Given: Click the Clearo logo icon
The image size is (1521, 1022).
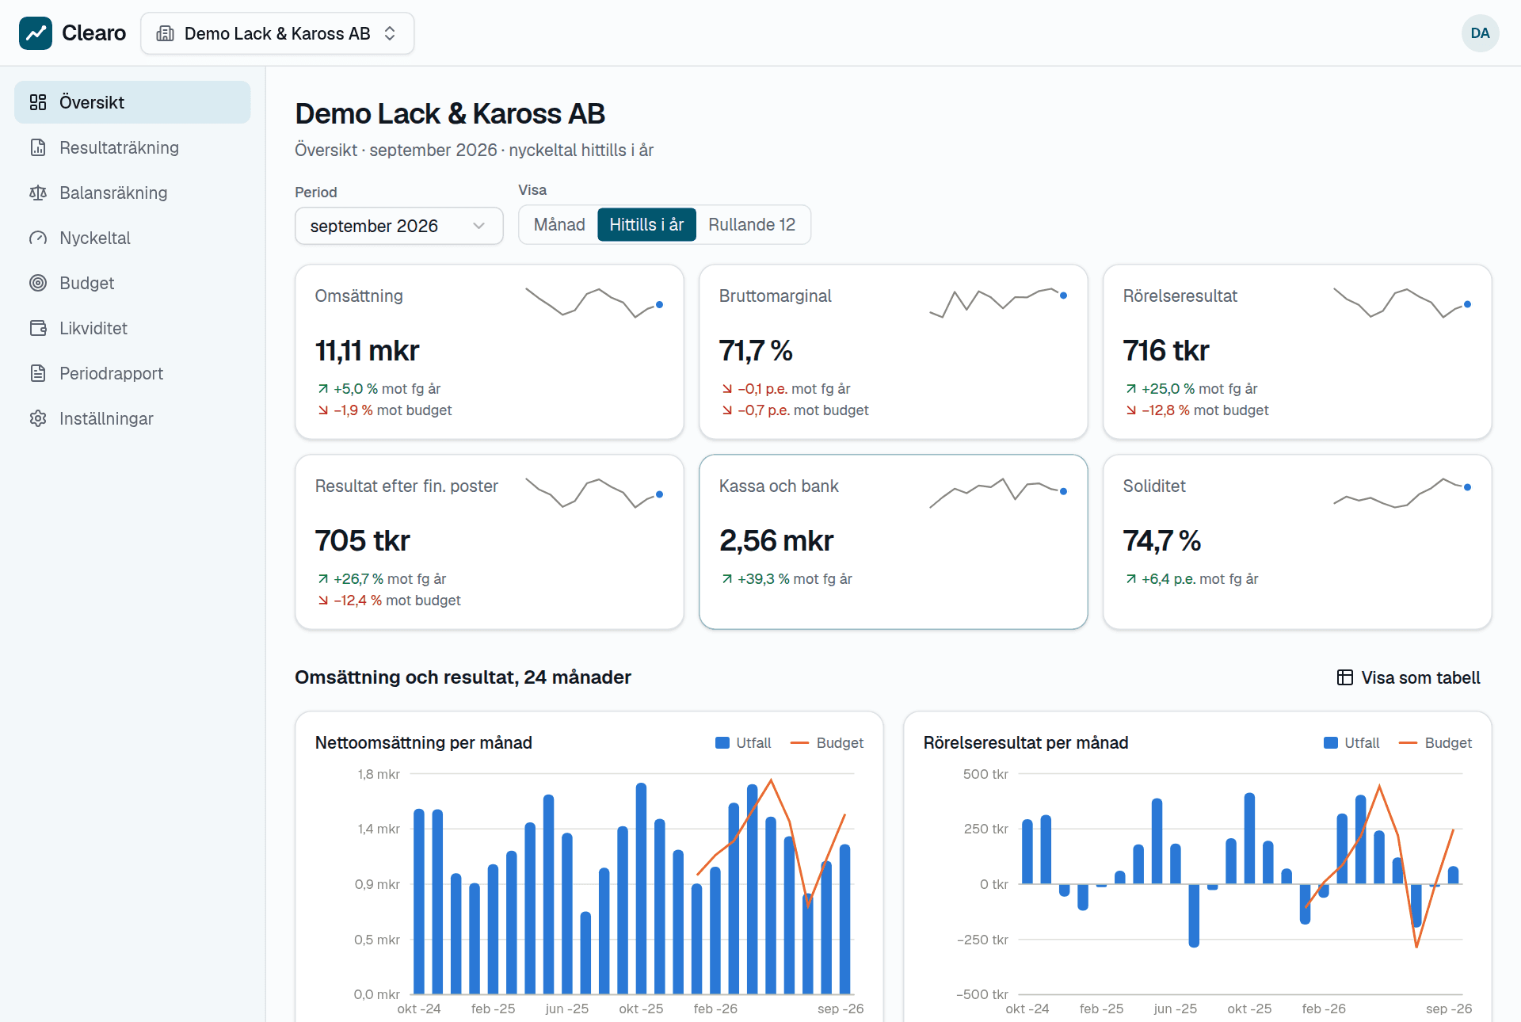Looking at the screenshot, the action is click(x=36, y=33).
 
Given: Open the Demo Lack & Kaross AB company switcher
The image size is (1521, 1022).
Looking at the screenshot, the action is click(x=277, y=33).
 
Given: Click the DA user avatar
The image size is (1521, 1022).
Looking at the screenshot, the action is click(x=1480, y=33).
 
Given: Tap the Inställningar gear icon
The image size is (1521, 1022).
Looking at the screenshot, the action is click(x=38, y=418).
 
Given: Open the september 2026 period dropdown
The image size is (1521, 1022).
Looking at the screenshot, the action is click(x=399, y=226).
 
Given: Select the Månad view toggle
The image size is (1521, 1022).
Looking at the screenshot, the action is click(x=559, y=225).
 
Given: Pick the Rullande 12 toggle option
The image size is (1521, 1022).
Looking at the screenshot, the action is click(x=752, y=225).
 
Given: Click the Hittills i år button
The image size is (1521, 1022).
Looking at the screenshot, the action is click(x=646, y=225).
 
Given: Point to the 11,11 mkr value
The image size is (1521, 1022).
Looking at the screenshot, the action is click(x=367, y=350).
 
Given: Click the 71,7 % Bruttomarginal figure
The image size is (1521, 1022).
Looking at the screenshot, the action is click(x=756, y=350).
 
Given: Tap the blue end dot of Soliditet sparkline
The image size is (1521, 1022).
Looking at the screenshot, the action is click(x=1467, y=487).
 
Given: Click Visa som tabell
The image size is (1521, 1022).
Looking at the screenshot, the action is click(x=1409, y=677).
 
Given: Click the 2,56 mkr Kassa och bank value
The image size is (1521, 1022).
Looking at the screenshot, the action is click(x=776, y=540).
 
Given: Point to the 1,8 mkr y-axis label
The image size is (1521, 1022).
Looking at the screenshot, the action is click(x=379, y=774).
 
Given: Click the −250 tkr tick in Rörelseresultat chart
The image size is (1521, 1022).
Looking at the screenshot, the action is click(x=982, y=940).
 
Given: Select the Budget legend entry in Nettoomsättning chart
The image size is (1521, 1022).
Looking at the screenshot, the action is click(x=827, y=743).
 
